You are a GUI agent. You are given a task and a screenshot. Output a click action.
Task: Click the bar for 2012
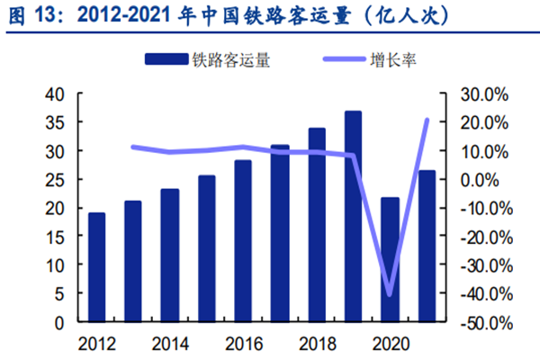tap(96, 267)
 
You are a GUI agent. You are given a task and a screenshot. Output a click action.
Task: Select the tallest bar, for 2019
tap(353, 216)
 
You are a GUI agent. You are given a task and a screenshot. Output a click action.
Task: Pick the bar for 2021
tap(427, 246)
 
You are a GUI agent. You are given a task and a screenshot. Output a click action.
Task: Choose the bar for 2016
tap(243, 241)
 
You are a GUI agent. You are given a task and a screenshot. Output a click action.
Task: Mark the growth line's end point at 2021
tap(427, 120)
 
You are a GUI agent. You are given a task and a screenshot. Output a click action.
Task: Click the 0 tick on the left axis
tap(59, 321)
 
